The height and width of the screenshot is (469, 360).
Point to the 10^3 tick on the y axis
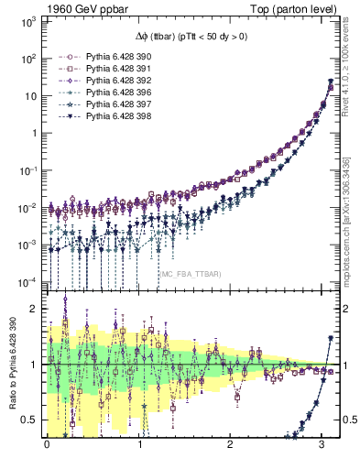tap(29, 20)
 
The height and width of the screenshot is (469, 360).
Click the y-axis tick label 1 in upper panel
tap(36, 132)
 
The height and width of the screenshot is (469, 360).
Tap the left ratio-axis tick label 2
tap(36, 309)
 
